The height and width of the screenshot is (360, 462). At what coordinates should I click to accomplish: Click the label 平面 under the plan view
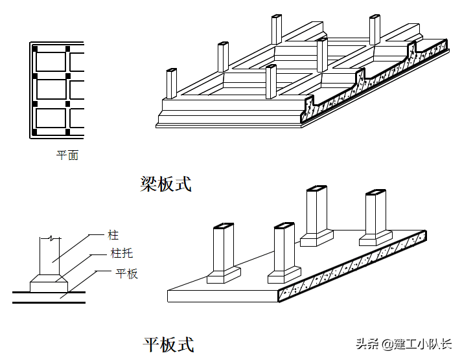click(x=67, y=155)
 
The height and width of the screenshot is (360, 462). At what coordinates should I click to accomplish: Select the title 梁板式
click(x=166, y=184)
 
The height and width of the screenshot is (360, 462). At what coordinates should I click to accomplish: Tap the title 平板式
click(x=168, y=344)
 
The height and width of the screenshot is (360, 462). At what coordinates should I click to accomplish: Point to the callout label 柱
click(x=113, y=235)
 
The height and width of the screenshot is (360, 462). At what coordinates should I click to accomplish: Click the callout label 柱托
click(x=121, y=254)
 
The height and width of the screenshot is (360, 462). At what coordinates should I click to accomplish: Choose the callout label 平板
click(x=126, y=273)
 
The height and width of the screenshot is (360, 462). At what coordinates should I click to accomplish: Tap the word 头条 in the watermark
click(x=367, y=344)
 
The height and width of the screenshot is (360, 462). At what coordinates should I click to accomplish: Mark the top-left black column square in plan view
click(x=35, y=49)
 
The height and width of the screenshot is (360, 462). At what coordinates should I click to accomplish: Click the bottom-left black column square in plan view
click(x=35, y=133)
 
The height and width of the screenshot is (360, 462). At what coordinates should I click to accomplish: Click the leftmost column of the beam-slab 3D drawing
click(x=171, y=84)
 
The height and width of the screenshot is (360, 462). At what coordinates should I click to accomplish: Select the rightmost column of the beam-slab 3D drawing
click(x=375, y=31)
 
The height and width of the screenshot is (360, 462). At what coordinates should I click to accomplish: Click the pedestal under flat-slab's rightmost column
click(x=376, y=239)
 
